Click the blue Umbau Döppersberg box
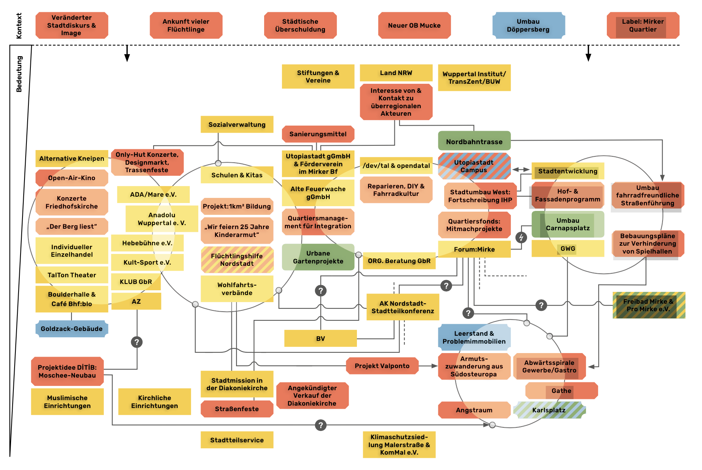(x=528, y=25)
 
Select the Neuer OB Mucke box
(x=414, y=25)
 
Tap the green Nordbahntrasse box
(x=474, y=141)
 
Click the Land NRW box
(x=396, y=73)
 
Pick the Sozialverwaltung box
(x=237, y=124)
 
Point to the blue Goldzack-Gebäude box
(x=71, y=329)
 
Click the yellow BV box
(x=320, y=338)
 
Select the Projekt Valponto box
(x=382, y=366)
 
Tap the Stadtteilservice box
(x=237, y=440)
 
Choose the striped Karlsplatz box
(x=549, y=410)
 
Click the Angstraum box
(x=474, y=410)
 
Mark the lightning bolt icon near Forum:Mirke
(x=521, y=237)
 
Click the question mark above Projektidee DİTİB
(x=137, y=342)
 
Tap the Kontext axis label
(x=19, y=26)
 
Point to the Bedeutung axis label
(x=19, y=74)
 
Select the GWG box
(x=568, y=248)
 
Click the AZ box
(x=136, y=301)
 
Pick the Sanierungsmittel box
(x=318, y=134)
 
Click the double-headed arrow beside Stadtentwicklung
(x=521, y=169)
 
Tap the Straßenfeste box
(x=237, y=409)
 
